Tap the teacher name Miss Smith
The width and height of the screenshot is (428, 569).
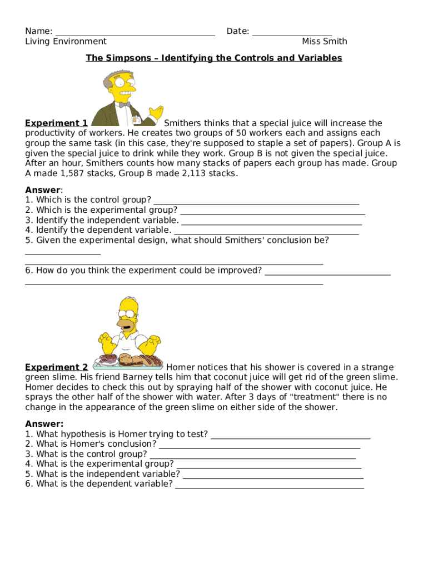click(x=324, y=41)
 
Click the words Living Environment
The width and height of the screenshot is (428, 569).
click(x=66, y=41)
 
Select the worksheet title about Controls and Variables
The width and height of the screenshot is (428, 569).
click(x=214, y=58)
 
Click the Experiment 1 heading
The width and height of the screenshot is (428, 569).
click(x=56, y=123)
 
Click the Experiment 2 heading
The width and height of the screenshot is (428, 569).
click(x=56, y=367)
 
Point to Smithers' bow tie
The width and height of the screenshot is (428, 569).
click(x=125, y=104)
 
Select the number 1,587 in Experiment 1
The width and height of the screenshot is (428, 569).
click(x=74, y=173)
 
